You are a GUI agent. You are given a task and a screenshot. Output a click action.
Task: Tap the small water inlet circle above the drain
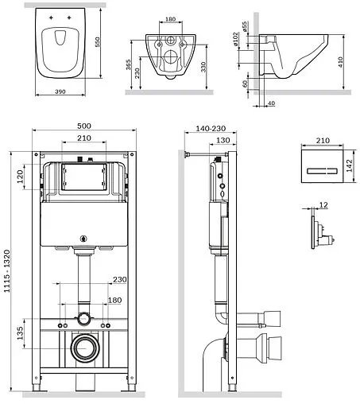(x=83, y=319)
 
